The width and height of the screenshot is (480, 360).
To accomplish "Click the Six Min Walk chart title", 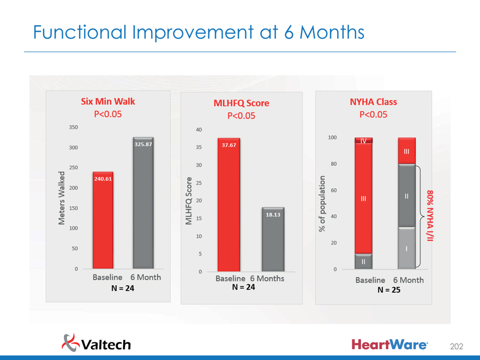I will [x=107, y=101].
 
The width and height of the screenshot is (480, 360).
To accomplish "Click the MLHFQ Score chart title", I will [x=241, y=103].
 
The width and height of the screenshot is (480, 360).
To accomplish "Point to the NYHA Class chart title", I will [x=373, y=101].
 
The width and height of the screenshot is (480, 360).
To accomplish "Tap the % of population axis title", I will [x=322, y=202].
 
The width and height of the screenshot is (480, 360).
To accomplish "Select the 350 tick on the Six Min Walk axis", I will [x=73, y=127].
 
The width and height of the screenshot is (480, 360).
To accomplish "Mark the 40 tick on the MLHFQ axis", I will [x=199, y=130].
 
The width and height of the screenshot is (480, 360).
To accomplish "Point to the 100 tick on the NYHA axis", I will [x=332, y=137].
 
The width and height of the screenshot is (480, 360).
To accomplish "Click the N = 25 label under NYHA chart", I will [x=389, y=290].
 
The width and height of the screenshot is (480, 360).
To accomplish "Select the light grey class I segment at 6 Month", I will [x=406, y=248].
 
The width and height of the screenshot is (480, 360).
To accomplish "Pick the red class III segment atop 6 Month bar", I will [x=406, y=151].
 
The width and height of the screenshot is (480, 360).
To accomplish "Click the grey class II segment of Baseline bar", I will [x=363, y=261].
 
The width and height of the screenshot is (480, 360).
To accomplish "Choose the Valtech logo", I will [x=97, y=343].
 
